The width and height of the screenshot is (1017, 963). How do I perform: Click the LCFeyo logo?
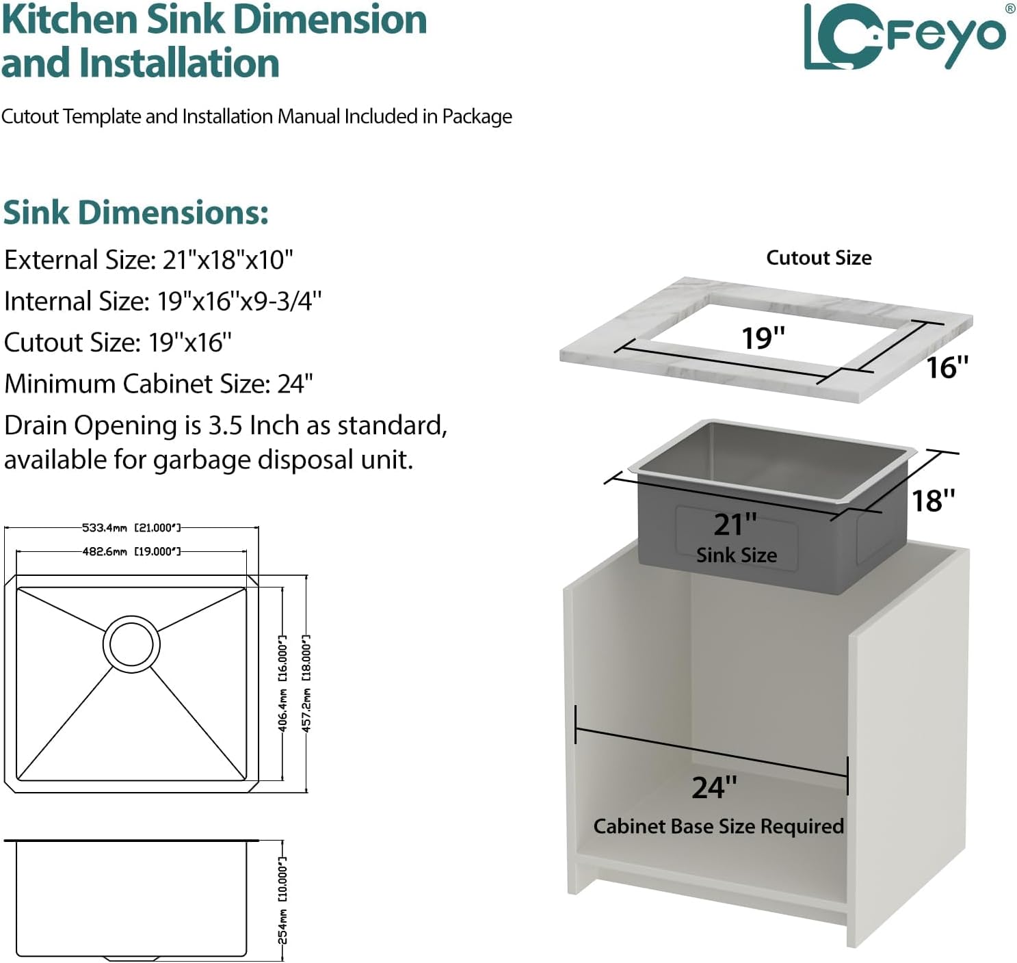[906, 37]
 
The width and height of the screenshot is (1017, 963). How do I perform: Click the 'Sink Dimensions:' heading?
[135, 212]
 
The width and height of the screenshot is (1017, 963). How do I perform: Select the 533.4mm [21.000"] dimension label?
[131, 528]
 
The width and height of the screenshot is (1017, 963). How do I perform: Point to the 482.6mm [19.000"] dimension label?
[131, 552]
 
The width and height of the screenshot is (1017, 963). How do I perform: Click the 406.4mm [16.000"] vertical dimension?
[282, 683]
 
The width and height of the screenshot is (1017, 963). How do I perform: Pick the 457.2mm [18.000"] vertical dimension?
[306, 683]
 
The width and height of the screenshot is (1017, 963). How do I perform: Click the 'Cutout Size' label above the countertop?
[819, 258]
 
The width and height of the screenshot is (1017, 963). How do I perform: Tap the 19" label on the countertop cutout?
[763, 338]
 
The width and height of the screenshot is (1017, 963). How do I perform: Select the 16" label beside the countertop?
[947, 367]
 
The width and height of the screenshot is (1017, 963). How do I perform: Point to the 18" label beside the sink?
[933, 501]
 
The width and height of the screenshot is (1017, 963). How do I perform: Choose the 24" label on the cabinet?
[715, 787]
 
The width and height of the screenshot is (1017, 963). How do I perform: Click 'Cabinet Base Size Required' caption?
[719, 826]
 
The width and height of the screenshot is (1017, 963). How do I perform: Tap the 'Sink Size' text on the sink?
[737, 555]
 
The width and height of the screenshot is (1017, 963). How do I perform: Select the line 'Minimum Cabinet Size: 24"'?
[158, 384]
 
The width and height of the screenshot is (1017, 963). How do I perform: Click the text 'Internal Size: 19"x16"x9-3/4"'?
[162, 301]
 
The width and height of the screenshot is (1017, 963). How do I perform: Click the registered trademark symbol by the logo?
[1009, 8]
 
